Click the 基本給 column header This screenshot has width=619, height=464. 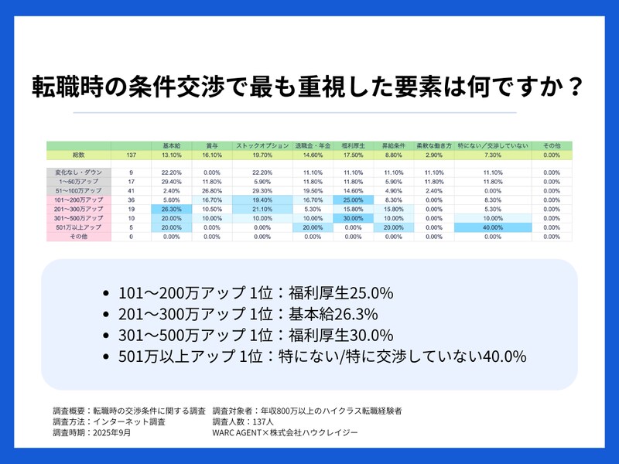pos(171,145)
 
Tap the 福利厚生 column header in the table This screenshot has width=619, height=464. pos(351,145)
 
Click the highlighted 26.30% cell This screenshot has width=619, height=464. pos(171,209)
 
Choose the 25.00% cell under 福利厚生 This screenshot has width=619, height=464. pos(351,200)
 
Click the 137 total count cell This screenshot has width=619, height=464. pos(131,155)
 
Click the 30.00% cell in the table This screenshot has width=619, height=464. pos(351,218)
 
